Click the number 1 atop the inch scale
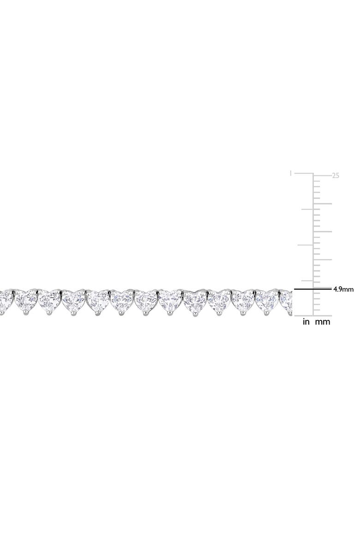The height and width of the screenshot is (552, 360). click(x=290, y=173)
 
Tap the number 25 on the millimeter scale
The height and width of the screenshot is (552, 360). click(x=336, y=176)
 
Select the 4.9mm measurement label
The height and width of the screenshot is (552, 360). click(x=343, y=289)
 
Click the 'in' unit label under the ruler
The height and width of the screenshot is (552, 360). click(x=306, y=321)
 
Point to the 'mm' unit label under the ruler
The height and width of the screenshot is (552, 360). click(x=322, y=322)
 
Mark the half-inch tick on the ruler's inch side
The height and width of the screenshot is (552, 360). click(x=306, y=245)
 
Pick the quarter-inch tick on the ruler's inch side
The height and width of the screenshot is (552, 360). click(x=307, y=281)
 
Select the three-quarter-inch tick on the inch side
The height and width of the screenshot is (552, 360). click(x=307, y=209)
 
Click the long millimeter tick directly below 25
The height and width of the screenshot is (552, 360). click(x=322, y=204)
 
